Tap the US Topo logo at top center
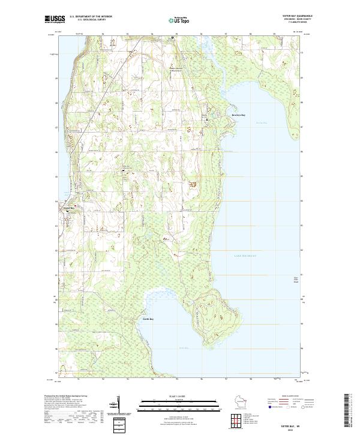click(179, 20)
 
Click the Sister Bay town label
click(68, 208)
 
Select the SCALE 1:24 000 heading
click(179, 395)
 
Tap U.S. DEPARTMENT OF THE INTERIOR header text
click(91, 16)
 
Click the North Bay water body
click(180, 342)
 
